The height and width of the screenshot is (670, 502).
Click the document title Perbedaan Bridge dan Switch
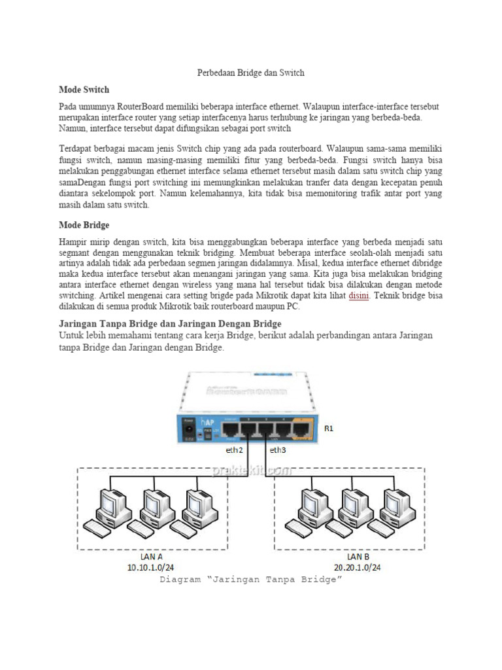click(251, 73)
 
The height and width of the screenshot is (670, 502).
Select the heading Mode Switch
click(84, 89)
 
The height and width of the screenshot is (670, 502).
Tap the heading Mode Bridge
click(84, 225)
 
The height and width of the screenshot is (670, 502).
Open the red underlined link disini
click(360, 295)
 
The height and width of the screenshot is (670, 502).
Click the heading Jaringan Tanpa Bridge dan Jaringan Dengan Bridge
click(170, 323)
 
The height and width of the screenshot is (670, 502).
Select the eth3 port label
click(278, 450)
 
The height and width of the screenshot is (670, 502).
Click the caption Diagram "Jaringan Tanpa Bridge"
click(251, 580)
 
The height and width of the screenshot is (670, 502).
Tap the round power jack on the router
click(189, 430)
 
